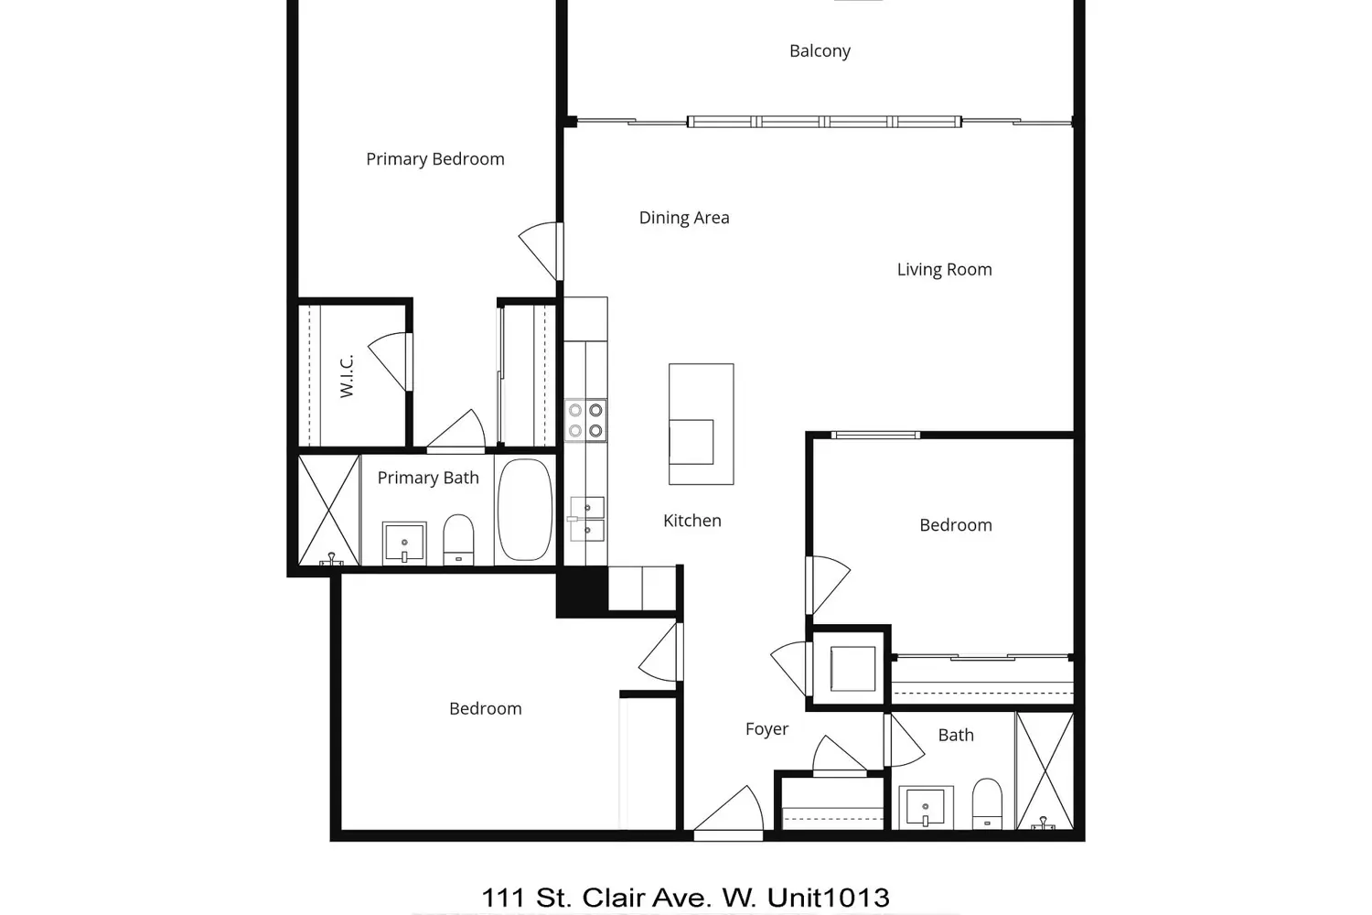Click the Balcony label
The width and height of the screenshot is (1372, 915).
tap(820, 51)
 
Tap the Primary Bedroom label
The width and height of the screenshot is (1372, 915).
tap(434, 159)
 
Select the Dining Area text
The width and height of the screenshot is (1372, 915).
tap(684, 218)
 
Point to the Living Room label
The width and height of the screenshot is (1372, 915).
tap(945, 270)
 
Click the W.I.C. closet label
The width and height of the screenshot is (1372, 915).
tap(347, 376)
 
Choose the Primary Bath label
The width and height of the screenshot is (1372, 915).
tap(428, 478)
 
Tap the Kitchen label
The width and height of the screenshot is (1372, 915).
tap(692, 521)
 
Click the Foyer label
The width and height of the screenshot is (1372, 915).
tap(766, 729)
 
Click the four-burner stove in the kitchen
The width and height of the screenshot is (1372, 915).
tap(585, 420)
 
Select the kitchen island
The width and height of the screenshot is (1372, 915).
tap(702, 424)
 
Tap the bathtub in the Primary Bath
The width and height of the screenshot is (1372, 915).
tap(525, 510)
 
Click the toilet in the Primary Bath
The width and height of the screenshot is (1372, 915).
tap(458, 539)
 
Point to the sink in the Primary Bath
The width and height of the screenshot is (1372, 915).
tap(404, 543)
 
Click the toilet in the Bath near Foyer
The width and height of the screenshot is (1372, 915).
tap(987, 803)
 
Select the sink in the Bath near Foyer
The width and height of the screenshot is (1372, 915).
tap(926, 807)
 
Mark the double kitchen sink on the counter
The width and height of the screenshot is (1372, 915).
tap(587, 519)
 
